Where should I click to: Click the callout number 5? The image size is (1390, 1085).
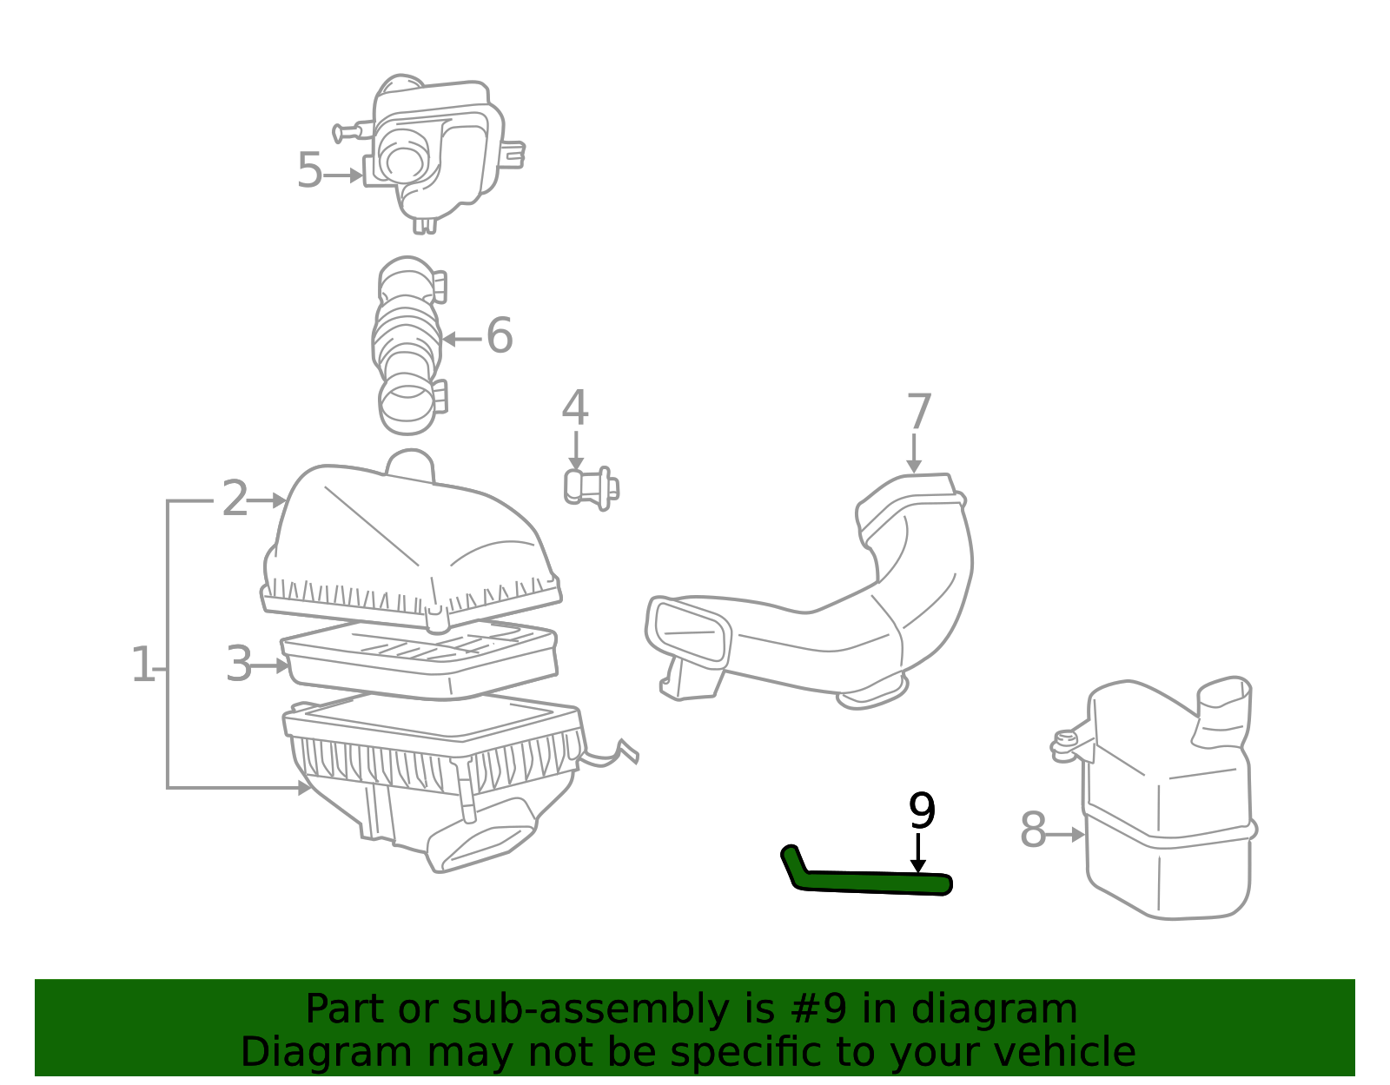(x=309, y=171)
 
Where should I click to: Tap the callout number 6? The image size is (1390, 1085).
(x=500, y=335)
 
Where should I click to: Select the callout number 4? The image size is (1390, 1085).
(x=575, y=408)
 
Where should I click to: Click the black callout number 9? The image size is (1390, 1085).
(x=922, y=811)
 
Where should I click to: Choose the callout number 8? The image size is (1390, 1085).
(x=1032, y=830)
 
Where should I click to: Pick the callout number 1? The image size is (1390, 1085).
(x=142, y=665)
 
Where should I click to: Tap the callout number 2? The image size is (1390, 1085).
(x=234, y=499)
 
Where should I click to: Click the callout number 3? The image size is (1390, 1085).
(x=239, y=665)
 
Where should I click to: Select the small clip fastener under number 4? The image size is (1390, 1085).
(x=591, y=489)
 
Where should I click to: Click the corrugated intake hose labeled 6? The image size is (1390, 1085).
(x=409, y=345)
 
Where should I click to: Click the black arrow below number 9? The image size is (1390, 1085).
(x=918, y=853)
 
